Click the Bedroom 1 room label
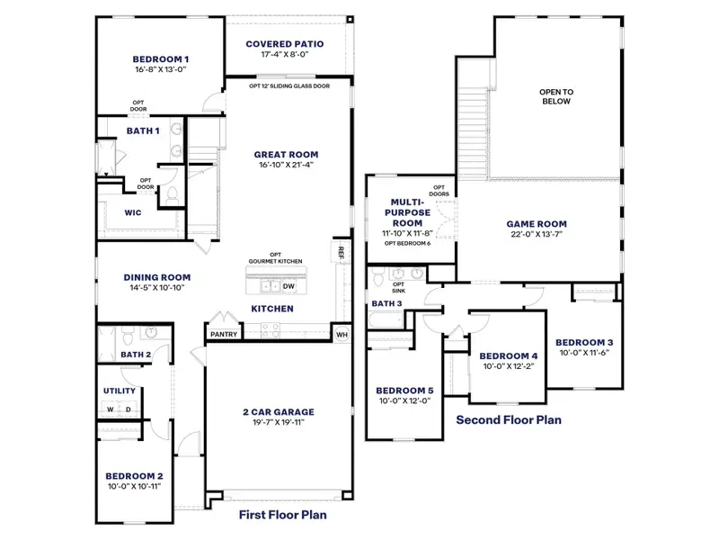[x=160, y=59]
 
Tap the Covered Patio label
[x=285, y=43]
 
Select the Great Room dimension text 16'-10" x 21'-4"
[x=286, y=166]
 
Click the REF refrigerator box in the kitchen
[x=342, y=252]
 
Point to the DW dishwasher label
[x=288, y=287]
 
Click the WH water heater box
[x=341, y=334]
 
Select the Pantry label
[x=224, y=334]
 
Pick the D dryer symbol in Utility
[x=128, y=409]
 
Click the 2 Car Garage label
[x=278, y=412]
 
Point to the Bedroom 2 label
[x=134, y=476]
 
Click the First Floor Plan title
[x=282, y=516]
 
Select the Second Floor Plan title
[x=509, y=419]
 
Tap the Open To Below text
[x=556, y=96]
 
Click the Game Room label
[x=537, y=223]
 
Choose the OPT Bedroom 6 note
[x=408, y=243]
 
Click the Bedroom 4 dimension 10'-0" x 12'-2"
[x=509, y=367]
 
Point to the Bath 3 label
[x=386, y=304]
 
